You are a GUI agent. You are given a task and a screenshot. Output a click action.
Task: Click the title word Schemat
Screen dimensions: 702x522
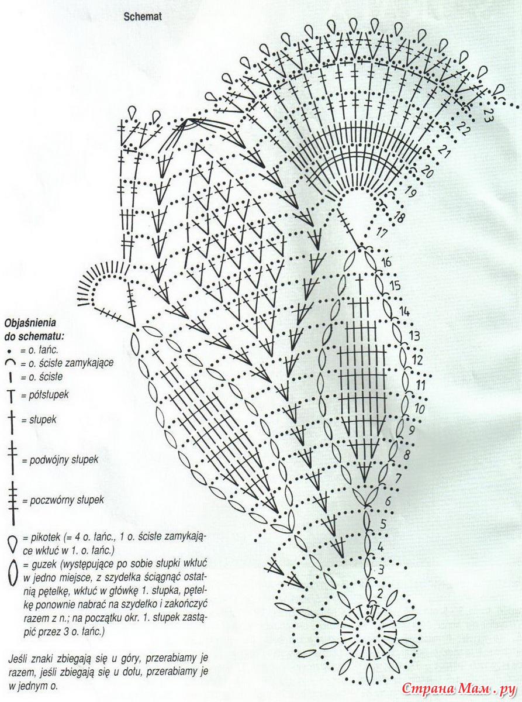pos(142,18)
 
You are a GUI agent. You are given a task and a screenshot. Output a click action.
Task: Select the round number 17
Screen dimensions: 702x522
pos(382,232)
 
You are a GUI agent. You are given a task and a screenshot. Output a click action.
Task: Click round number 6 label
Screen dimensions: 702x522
pos(388,501)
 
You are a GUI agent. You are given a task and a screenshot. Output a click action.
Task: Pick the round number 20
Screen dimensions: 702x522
pos(427,173)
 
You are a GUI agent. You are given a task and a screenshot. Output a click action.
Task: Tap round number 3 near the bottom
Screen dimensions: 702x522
pos(381,569)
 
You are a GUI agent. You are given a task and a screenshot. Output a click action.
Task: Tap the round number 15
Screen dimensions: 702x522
pos(395,286)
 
